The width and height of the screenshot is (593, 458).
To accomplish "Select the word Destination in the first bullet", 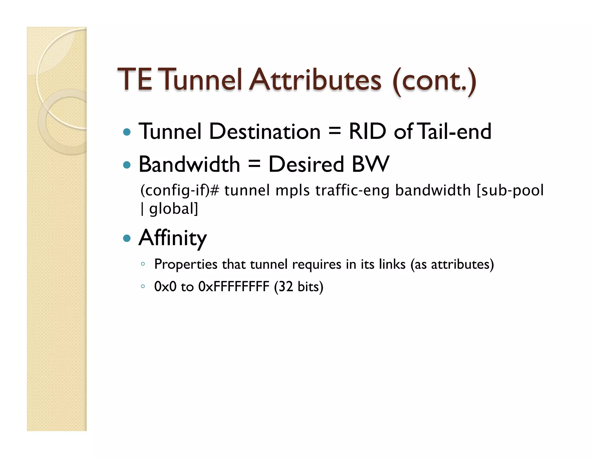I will pos(265,131).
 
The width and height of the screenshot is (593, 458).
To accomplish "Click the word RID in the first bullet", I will pos(367,131).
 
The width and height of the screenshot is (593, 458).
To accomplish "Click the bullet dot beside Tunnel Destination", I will pos(127,132).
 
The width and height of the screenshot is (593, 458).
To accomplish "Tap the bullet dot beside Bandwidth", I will pos(127,165).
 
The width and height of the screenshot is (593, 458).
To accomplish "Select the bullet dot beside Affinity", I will pos(127,238).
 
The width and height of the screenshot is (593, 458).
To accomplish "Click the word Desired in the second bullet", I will pos(306,164).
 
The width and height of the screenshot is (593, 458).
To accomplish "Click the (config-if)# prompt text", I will pos(180,190).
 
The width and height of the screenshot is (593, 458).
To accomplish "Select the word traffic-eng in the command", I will pos(352,190).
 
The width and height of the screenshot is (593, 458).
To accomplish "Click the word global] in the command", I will pos(173,209).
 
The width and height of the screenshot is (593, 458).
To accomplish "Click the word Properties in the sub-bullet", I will pos(186,264).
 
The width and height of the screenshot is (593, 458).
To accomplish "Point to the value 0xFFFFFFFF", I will pos(234,287).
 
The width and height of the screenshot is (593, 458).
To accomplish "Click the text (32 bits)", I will pos(299,287).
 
